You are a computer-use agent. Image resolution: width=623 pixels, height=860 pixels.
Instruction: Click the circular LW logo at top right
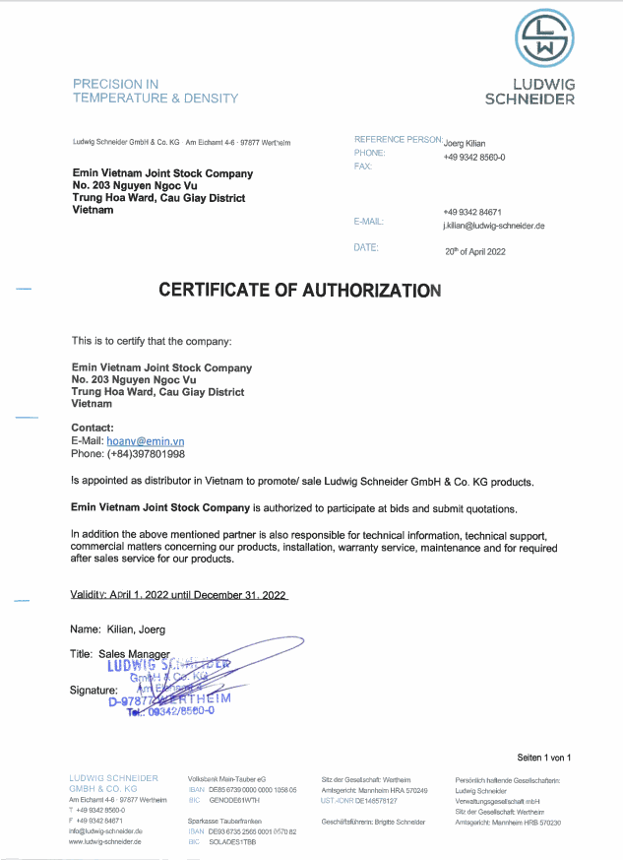tap(543, 37)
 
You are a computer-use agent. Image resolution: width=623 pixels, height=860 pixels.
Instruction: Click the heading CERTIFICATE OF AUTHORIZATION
tap(300, 291)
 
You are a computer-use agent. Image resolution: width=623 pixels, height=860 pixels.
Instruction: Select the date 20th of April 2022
tap(474, 251)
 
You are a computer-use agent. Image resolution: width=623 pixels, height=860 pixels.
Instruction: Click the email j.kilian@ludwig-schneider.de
tap(493, 226)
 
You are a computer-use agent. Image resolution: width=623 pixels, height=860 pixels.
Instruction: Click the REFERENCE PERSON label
tap(397, 140)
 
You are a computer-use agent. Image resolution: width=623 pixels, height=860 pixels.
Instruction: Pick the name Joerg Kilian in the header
tap(465, 143)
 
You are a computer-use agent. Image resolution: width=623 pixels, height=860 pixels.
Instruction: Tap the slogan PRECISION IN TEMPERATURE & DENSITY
tap(155, 91)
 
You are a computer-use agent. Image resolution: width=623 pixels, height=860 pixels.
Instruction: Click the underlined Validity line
tap(179, 595)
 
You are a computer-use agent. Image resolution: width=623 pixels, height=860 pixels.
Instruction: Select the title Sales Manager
tap(135, 653)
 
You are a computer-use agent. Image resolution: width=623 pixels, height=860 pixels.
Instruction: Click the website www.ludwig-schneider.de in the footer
tap(105, 842)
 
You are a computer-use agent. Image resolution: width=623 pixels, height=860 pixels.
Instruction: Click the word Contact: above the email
tap(93, 428)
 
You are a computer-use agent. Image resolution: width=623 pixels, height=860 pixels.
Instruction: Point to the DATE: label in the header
tap(365, 247)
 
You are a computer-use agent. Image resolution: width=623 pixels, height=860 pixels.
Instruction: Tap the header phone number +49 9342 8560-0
tap(473, 157)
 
